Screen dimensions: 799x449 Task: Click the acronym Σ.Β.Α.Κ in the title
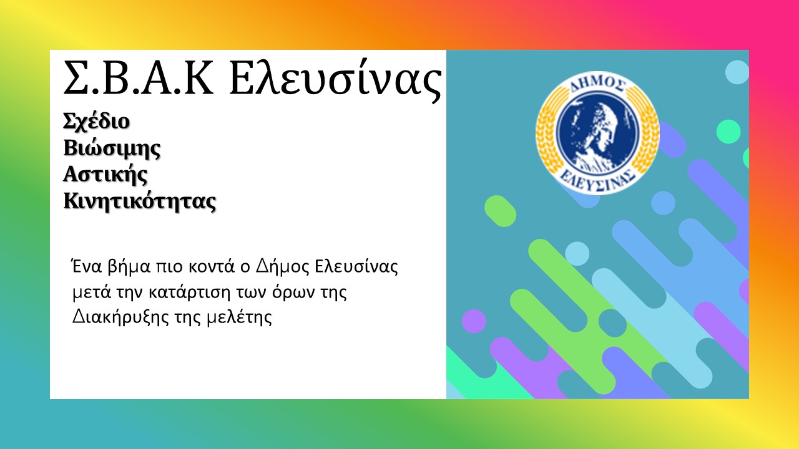(x=139, y=78)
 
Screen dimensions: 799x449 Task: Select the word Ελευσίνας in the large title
(x=336, y=80)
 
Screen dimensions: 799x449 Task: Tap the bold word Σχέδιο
(x=96, y=122)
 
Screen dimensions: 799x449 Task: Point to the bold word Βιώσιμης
(x=112, y=148)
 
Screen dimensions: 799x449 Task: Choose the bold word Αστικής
(x=105, y=175)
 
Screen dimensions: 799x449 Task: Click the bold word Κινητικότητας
(x=140, y=201)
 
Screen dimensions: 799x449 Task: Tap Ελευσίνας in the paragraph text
(x=356, y=268)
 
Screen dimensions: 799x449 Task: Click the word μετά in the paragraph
(x=92, y=293)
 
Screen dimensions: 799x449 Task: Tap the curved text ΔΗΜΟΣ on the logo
(x=598, y=84)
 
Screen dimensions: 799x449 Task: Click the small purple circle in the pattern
(x=474, y=321)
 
